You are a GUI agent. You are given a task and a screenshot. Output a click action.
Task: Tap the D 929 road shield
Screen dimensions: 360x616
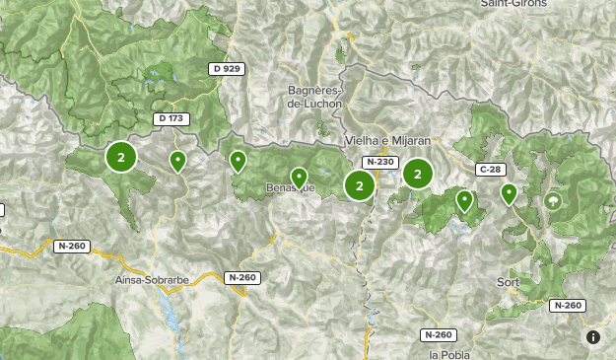226,68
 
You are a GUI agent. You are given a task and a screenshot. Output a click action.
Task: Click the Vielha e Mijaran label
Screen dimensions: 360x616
388,141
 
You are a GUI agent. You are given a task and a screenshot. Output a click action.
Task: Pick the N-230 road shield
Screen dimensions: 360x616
379,162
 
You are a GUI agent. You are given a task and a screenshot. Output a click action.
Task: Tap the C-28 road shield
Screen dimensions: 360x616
490,170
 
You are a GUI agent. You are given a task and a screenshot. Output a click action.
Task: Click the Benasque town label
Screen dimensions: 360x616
291,187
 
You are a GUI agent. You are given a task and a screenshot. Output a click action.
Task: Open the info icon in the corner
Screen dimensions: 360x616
593,337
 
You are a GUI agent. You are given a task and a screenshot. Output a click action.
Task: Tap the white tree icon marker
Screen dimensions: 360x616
553,201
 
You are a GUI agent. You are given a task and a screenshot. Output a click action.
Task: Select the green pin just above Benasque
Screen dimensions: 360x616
299,177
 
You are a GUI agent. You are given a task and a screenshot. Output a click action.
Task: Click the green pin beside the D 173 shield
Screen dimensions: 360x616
177,160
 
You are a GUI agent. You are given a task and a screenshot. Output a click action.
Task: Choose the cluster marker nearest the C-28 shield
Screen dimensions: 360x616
418,174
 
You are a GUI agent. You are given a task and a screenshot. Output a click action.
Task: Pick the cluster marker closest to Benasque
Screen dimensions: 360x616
359,184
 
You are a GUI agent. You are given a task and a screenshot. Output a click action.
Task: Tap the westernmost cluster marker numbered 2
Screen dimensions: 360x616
120,156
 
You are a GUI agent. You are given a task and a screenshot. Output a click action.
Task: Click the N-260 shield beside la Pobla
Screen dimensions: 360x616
439,334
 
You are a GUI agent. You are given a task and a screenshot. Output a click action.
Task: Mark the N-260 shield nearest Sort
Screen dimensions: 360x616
568,306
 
